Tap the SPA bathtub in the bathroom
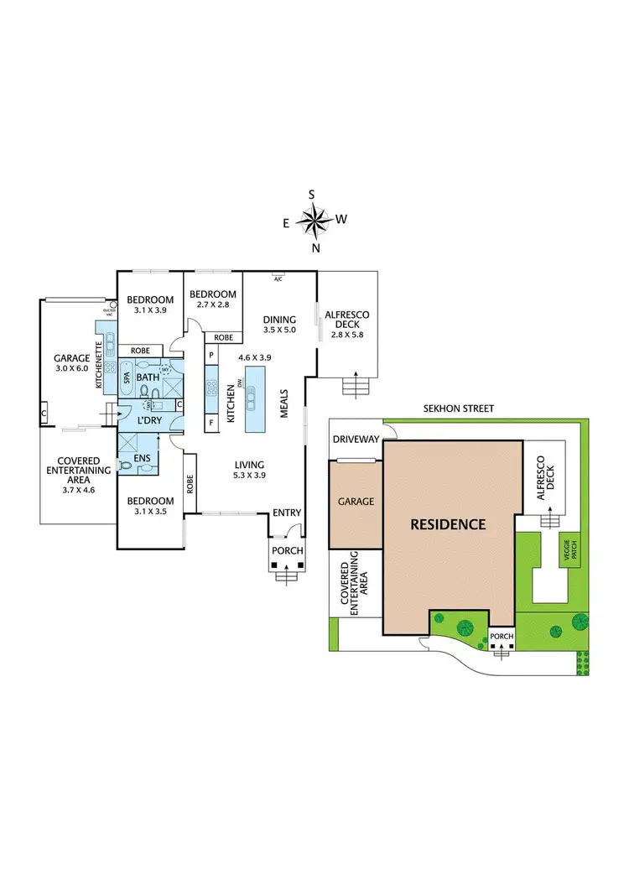pos(127,378)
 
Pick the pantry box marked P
pos(211,356)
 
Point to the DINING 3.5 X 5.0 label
pos(279,324)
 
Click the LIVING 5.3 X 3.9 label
pos(250,470)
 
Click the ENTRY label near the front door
pos(287,513)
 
